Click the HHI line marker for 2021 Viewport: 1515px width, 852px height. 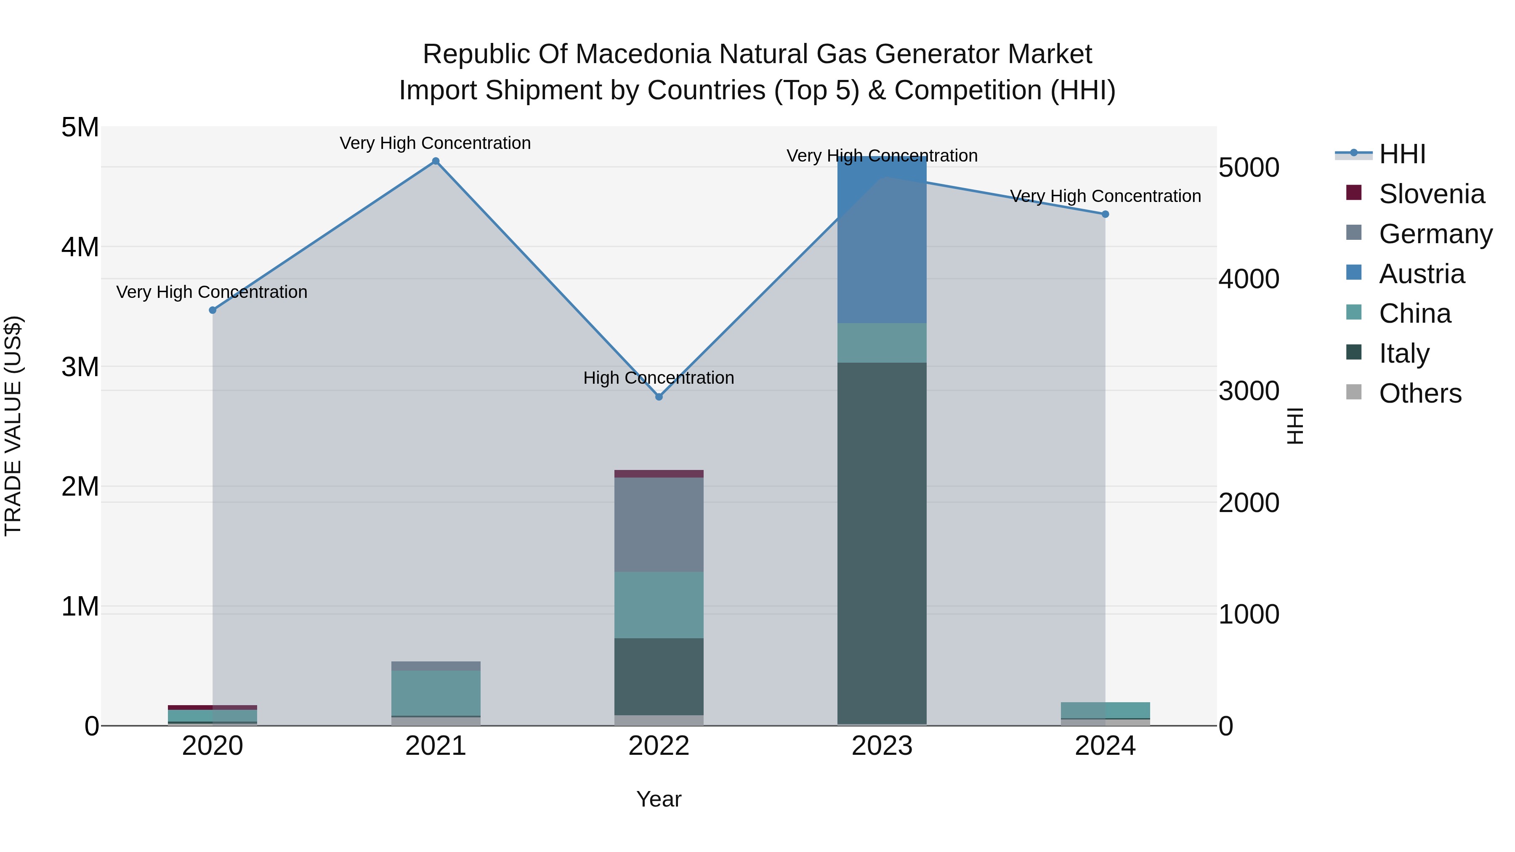point(436,161)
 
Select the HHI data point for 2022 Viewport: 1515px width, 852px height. point(659,397)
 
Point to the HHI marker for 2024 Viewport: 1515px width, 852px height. point(1105,215)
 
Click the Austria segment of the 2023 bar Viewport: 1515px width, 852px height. point(882,241)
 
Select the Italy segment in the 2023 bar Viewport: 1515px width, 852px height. point(882,541)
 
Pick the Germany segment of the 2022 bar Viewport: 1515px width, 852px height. point(659,525)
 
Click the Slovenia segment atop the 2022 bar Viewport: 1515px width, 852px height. point(659,474)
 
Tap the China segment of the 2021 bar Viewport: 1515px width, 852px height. point(436,693)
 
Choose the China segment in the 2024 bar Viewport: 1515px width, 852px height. point(1105,710)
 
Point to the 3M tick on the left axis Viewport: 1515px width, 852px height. point(80,367)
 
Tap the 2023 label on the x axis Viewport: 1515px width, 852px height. point(882,746)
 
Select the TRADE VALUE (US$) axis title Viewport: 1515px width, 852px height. point(13,426)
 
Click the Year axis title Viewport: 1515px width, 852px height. point(659,799)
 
